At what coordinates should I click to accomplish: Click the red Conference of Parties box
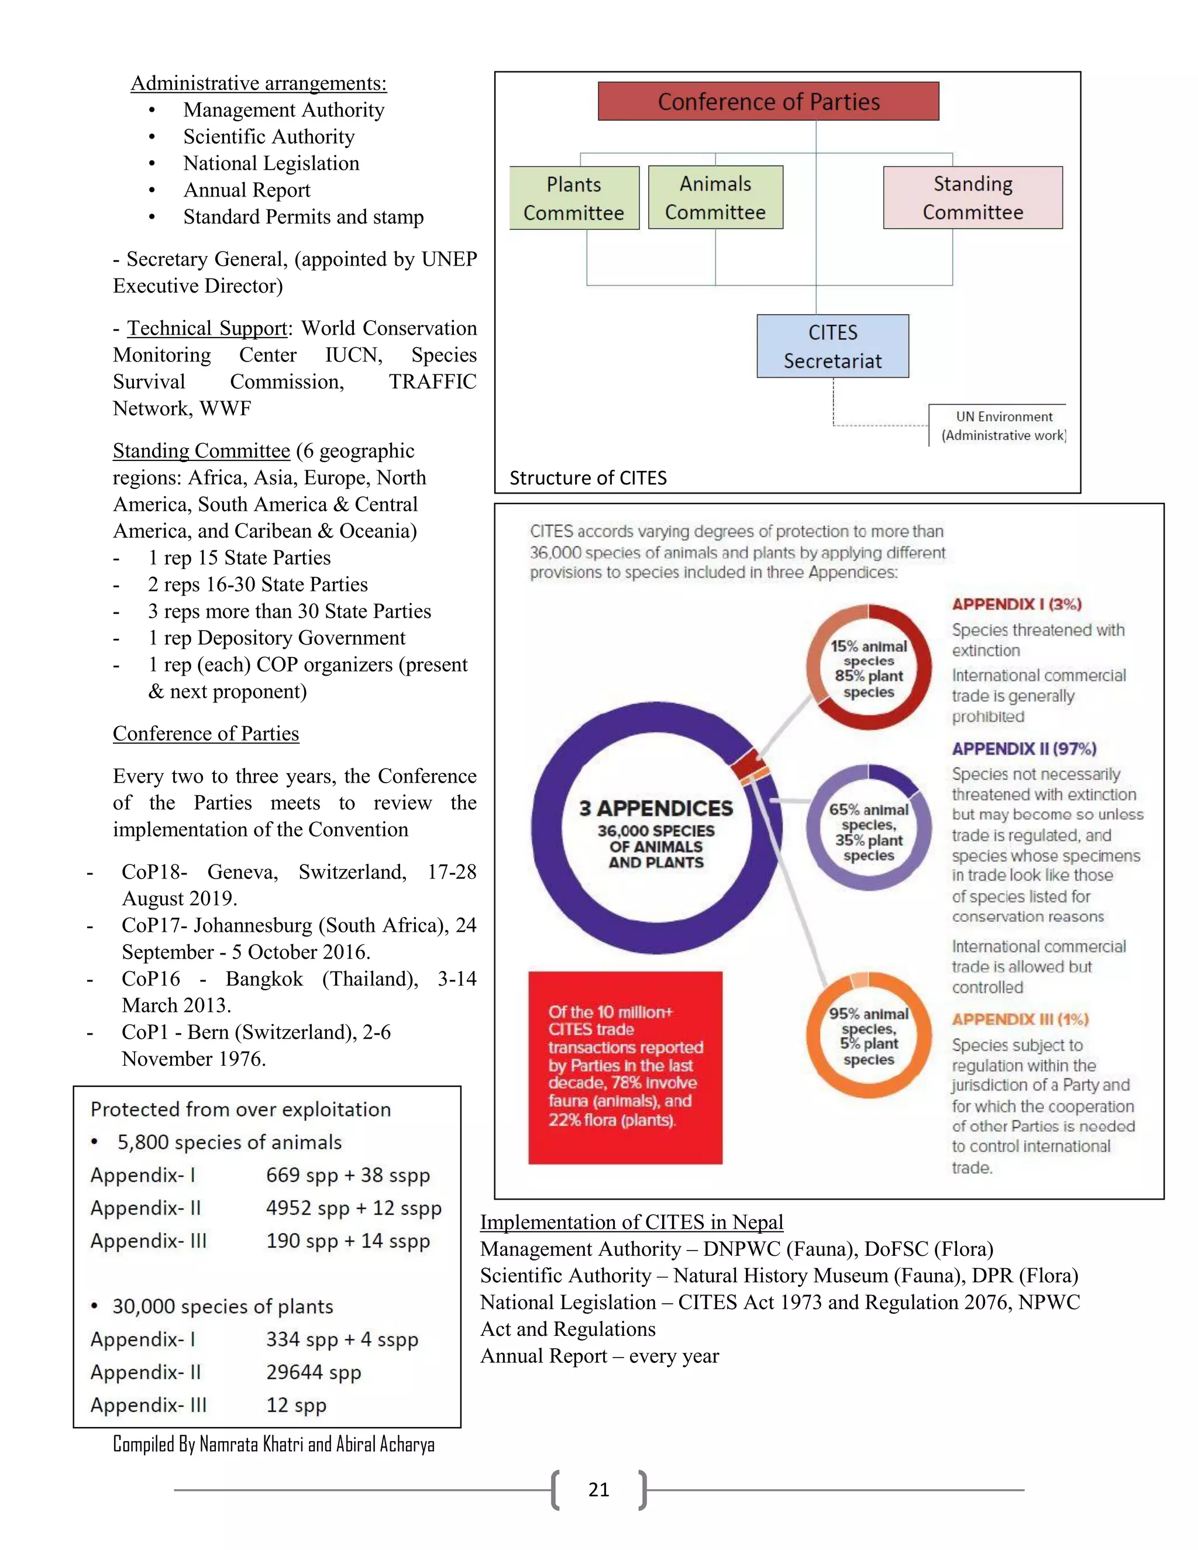point(768,102)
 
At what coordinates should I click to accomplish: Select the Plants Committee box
point(574,198)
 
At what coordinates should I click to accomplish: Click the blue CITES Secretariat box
point(832,346)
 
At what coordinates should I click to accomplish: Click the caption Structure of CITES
point(588,478)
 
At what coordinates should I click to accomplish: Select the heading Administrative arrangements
point(259,83)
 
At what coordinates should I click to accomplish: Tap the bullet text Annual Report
point(246,190)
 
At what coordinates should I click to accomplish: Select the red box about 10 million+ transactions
point(625,1067)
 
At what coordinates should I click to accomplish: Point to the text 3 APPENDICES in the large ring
point(656,808)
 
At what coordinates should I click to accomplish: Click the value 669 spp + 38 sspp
point(348,1175)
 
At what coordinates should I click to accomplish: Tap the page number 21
point(599,1490)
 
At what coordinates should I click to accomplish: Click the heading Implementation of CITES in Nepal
point(632,1222)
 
